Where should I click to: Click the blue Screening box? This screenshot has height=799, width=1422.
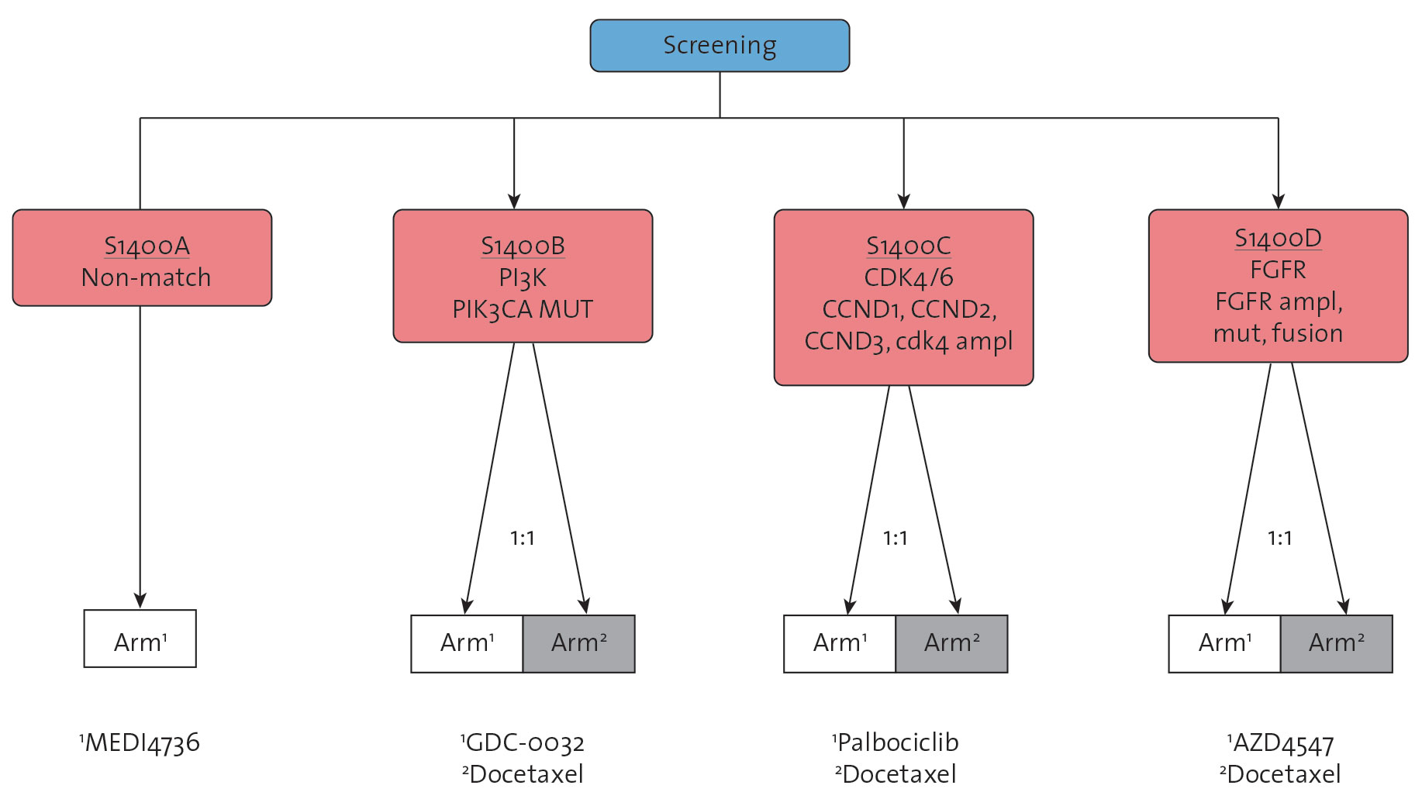point(720,46)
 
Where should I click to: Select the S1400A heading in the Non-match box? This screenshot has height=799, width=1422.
point(147,246)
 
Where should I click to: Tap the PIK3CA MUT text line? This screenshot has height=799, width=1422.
point(523,309)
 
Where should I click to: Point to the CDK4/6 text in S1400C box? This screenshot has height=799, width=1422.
point(909,277)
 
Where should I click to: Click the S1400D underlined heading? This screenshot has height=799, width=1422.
point(1278,238)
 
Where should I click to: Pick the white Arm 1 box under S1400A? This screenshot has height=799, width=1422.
point(140,639)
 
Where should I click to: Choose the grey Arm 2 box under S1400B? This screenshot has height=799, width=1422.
point(579,644)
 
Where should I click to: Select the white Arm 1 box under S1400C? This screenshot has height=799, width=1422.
point(840,644)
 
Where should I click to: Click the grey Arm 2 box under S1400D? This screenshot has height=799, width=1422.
point(1337,644)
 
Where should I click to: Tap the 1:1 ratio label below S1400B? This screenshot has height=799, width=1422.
point(523,538)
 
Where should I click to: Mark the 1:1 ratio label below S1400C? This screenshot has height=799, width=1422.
point(896,538)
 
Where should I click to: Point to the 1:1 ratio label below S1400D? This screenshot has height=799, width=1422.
point(1280,538)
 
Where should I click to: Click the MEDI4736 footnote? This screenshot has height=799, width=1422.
point(140,743)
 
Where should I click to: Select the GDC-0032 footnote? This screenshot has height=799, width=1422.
point(523,743)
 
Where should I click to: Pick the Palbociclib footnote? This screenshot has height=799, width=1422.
point(896,742)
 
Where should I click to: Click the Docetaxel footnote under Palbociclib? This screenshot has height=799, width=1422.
point(896,774)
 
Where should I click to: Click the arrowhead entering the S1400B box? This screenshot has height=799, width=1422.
point(514,201)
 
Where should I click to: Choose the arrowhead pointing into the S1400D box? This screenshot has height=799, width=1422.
point(1279,201)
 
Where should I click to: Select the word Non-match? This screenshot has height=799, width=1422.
point(147,277)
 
